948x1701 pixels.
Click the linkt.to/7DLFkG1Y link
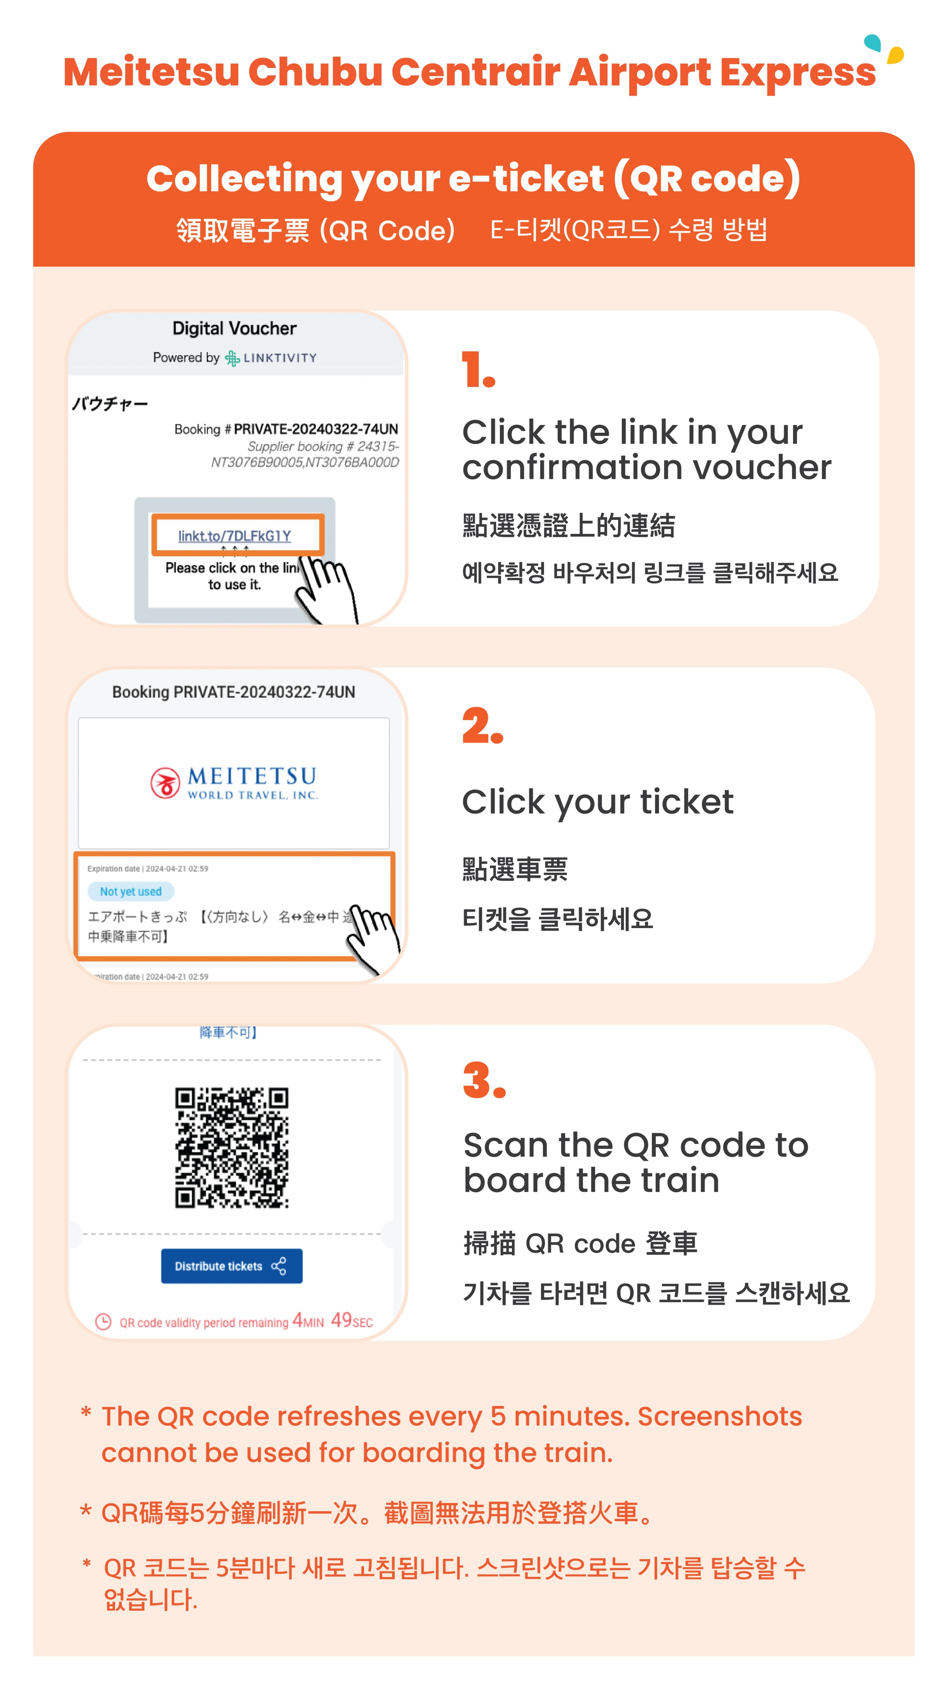(x=234, y=535)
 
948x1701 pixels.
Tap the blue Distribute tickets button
(x=231, y=1266)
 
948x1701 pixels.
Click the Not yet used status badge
(x=131, y=891)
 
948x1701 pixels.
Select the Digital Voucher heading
(x=234, y=328)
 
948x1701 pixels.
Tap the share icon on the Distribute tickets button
(x=279, y=1266)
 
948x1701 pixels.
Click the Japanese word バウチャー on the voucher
(x=110, y=403)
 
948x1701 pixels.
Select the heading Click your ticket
(x=597, y=802)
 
